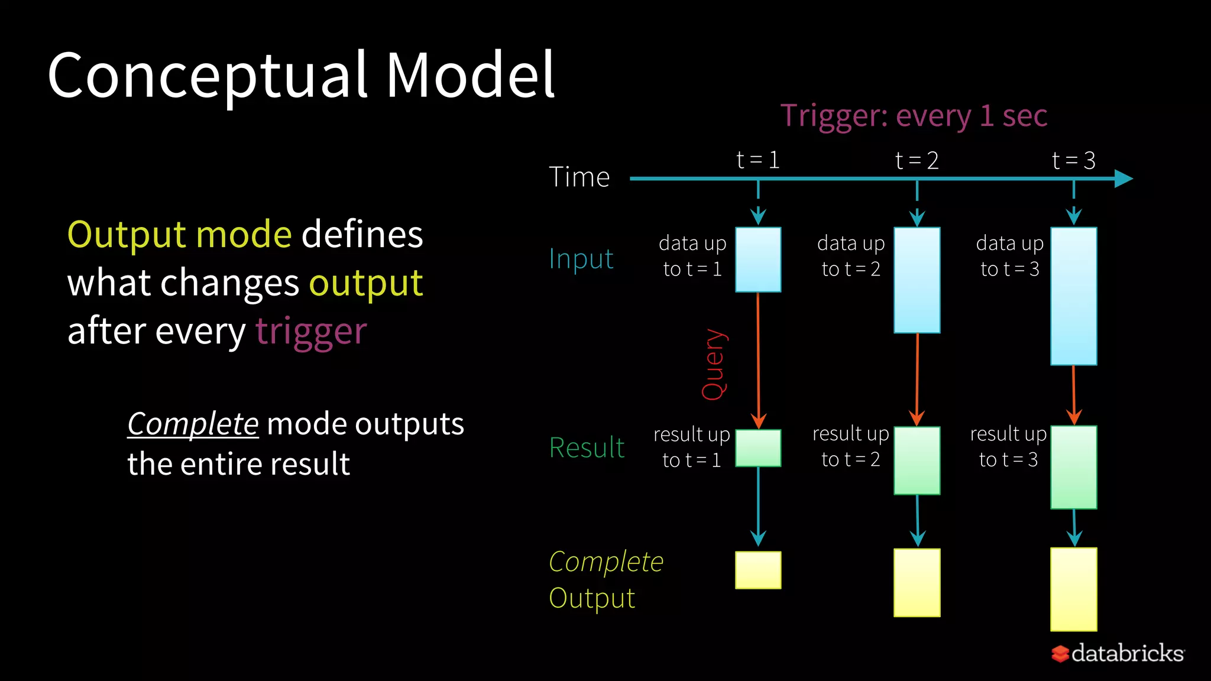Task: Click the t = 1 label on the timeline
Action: point(758,160)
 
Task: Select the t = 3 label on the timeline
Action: point(1074,161)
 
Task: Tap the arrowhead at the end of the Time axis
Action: point(1123,179)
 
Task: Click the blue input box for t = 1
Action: point(758,260)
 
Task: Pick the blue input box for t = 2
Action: point(917,280)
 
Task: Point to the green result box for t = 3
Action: point(1073,467)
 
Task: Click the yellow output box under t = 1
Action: point(758,570)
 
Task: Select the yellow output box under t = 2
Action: point(917,582)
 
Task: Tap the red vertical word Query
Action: point(714,364)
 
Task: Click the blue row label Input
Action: point(581,259)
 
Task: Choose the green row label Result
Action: point(587,447)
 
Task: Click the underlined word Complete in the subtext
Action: point(193,424)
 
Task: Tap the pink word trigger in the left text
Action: point(311,331)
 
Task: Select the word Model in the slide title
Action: point(470,75)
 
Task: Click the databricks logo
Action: point(1118,653)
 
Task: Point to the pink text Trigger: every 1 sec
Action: point(914,115)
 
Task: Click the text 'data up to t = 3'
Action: point(1009,256)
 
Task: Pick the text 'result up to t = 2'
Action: point(850,446)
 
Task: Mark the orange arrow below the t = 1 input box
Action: point(758,361)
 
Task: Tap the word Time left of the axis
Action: point(579,177)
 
